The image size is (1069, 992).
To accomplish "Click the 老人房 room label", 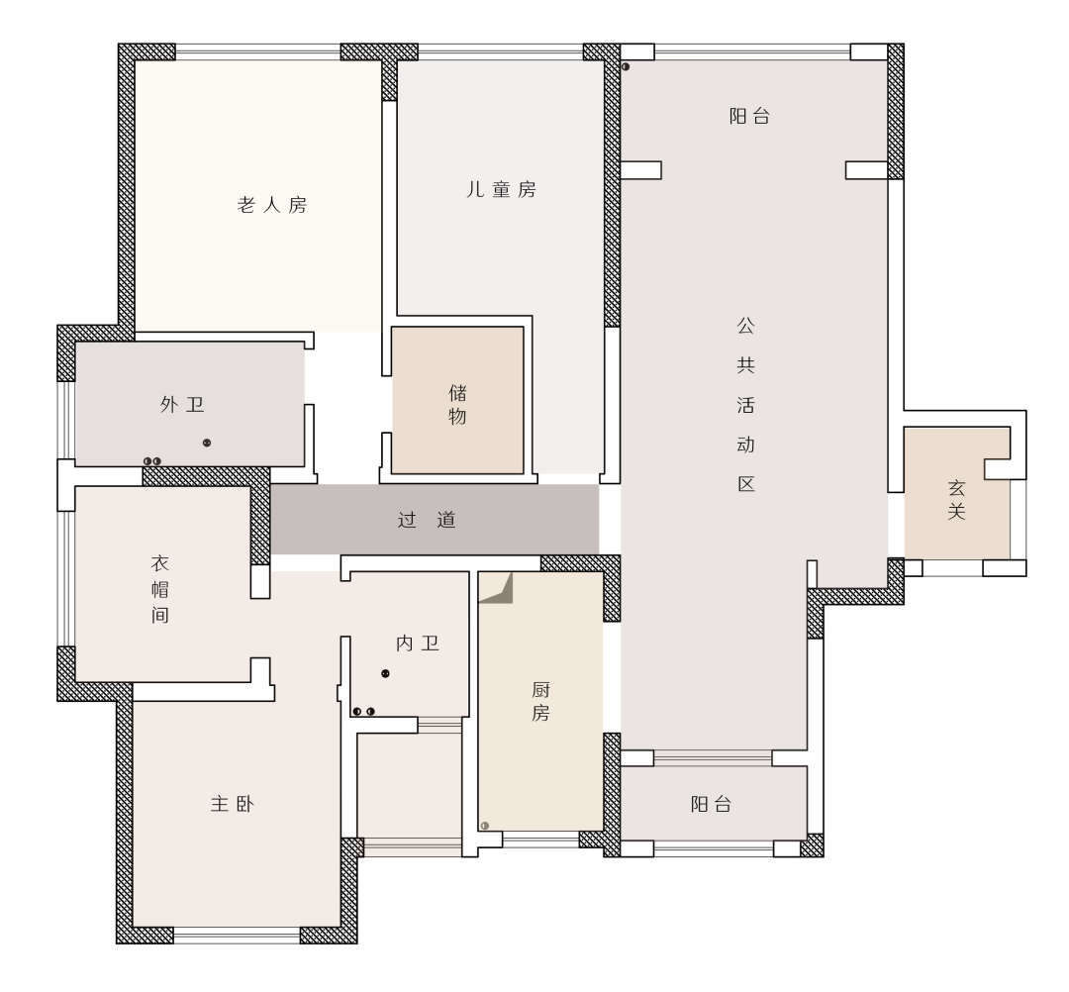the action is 272,205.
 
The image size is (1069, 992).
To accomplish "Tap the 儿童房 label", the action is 501,189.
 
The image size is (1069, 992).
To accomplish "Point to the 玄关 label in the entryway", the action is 956,500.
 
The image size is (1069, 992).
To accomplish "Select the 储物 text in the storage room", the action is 457,404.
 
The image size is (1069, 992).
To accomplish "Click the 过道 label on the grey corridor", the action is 427,520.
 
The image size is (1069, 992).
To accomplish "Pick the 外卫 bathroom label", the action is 182,405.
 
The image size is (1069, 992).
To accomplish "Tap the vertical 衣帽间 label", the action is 159,589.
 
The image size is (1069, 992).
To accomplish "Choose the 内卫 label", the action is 418,643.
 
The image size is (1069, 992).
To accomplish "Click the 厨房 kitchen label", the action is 540,701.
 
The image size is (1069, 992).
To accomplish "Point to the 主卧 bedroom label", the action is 232,804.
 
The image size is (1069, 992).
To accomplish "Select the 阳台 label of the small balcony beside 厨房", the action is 711,805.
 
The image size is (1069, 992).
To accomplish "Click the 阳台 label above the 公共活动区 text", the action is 749,116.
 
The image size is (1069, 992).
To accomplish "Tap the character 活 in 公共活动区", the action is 746,405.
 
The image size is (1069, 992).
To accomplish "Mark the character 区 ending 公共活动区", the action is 746,484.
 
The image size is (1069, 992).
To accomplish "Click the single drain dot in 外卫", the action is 207,443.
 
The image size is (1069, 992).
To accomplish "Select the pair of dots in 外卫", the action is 152,461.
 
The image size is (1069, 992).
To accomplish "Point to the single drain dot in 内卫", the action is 385,673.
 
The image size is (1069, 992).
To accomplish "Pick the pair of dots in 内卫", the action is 363,712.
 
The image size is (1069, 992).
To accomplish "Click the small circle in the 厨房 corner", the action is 485,826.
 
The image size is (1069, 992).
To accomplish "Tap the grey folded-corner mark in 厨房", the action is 498,590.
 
